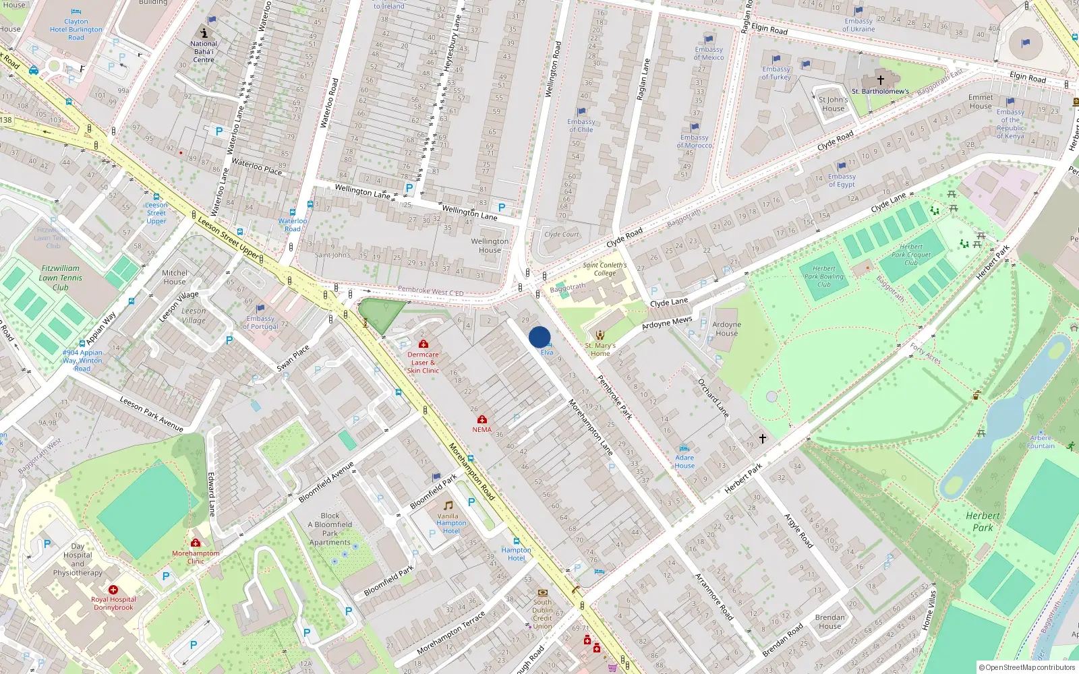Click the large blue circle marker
point(539,337)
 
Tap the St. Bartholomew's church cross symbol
point(880,80)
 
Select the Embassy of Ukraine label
point(858,25)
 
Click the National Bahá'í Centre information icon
point(204,32)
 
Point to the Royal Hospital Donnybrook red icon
point(113,590)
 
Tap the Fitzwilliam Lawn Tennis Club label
point(61,278)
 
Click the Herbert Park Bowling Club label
point(823,276)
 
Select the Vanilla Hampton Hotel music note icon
point(448,505)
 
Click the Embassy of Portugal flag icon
point(260,309)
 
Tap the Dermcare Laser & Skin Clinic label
point(423,363)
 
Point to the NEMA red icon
point(482,419)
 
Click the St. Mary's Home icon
point(600,335)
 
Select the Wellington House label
point(490,245)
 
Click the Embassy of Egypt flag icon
point(842,166)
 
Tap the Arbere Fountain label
point(1041,441)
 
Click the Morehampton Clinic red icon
point(196,543)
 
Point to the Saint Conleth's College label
point(605,269)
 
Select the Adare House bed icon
point(684,448)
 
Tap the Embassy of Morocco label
point(695,141)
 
